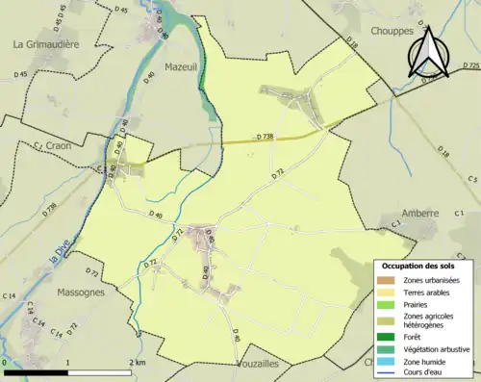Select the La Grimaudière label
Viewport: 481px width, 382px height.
pyautogui.click(x=46, y=44)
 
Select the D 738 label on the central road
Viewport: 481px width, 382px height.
pyautogui.click(x=266, y=137)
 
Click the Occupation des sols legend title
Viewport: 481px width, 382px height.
pyautogui.click(x=425, y=266)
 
